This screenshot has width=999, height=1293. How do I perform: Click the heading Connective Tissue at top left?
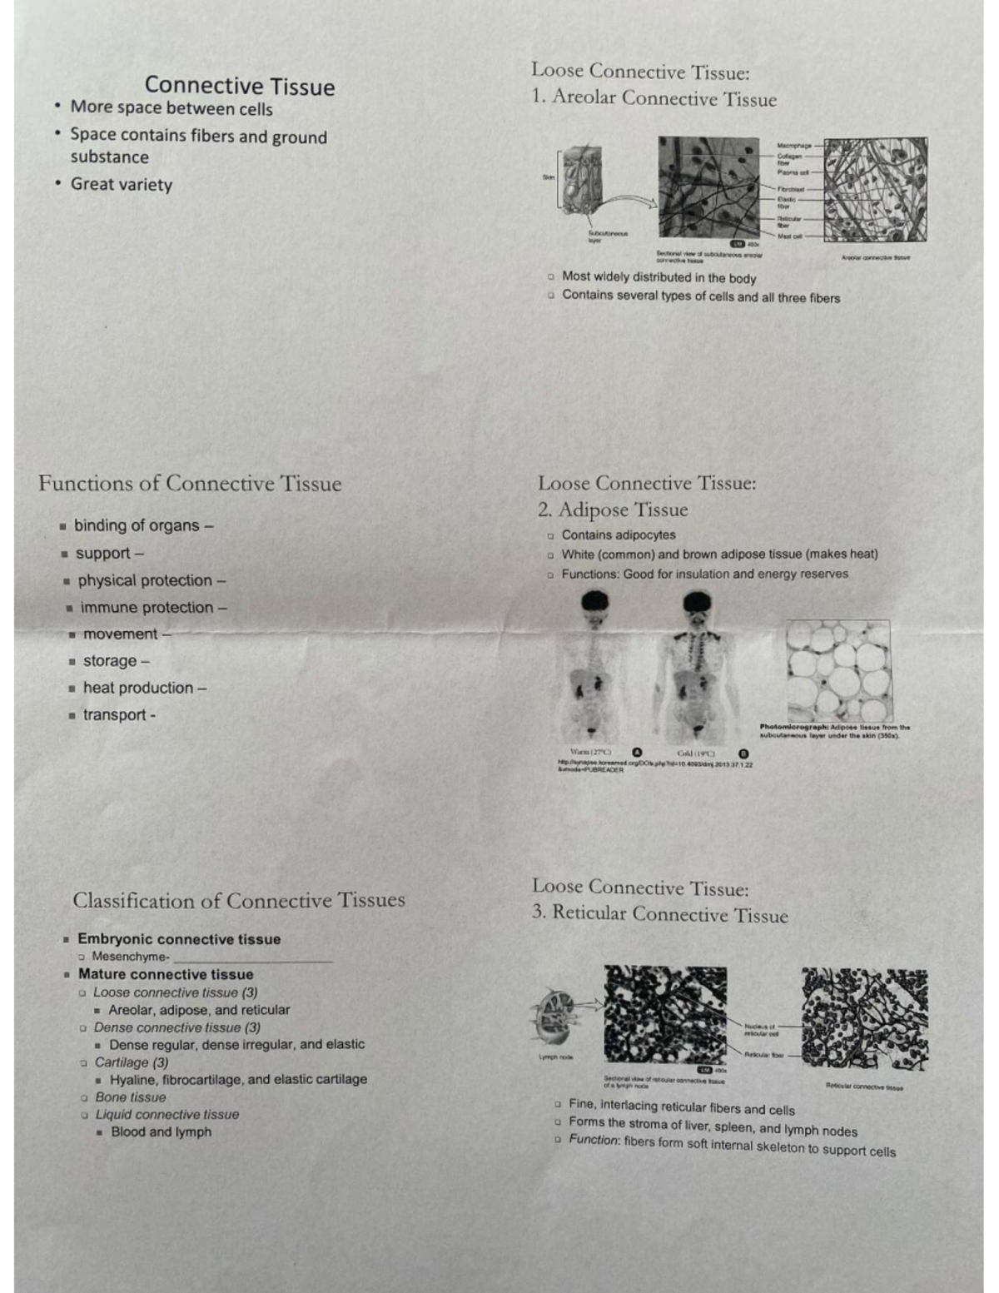click(240, 86)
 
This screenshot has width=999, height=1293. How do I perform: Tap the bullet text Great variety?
click(122, 185)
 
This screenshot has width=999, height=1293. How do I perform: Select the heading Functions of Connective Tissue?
click(190, 484)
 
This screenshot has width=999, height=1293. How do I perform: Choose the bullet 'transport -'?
click(119, 715)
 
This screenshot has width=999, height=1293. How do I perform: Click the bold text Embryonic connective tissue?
click(179, 939)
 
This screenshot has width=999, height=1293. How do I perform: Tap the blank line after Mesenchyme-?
click(253, 959)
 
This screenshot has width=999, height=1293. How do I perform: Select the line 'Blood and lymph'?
click(161, 1132)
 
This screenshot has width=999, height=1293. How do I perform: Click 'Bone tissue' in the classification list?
click(130, 1097)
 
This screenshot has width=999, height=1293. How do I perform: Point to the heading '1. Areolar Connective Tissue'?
click(654, 98)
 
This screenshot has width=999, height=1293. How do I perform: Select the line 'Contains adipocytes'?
click(619, 535)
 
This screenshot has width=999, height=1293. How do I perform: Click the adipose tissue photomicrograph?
click(838, 670)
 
